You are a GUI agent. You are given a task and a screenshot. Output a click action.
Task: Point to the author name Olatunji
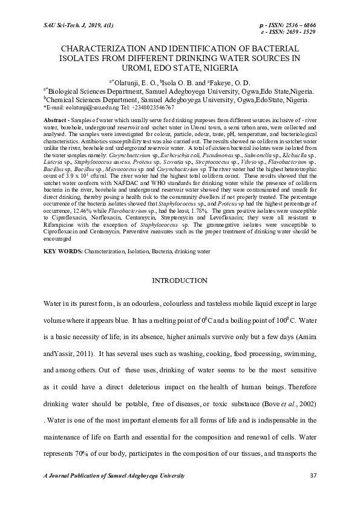tap(129, 82)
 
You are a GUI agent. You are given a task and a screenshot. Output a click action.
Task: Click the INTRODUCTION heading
tap(180, 280)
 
